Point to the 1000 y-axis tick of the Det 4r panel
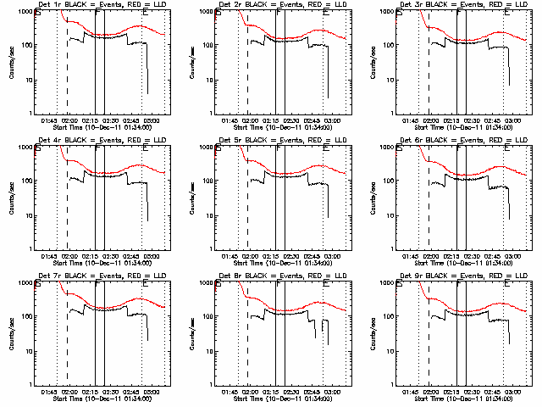coord(23,148)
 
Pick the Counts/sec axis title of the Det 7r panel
coord(11,332)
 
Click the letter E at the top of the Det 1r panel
coord(149,14)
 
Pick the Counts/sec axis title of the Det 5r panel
coord(192,196)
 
